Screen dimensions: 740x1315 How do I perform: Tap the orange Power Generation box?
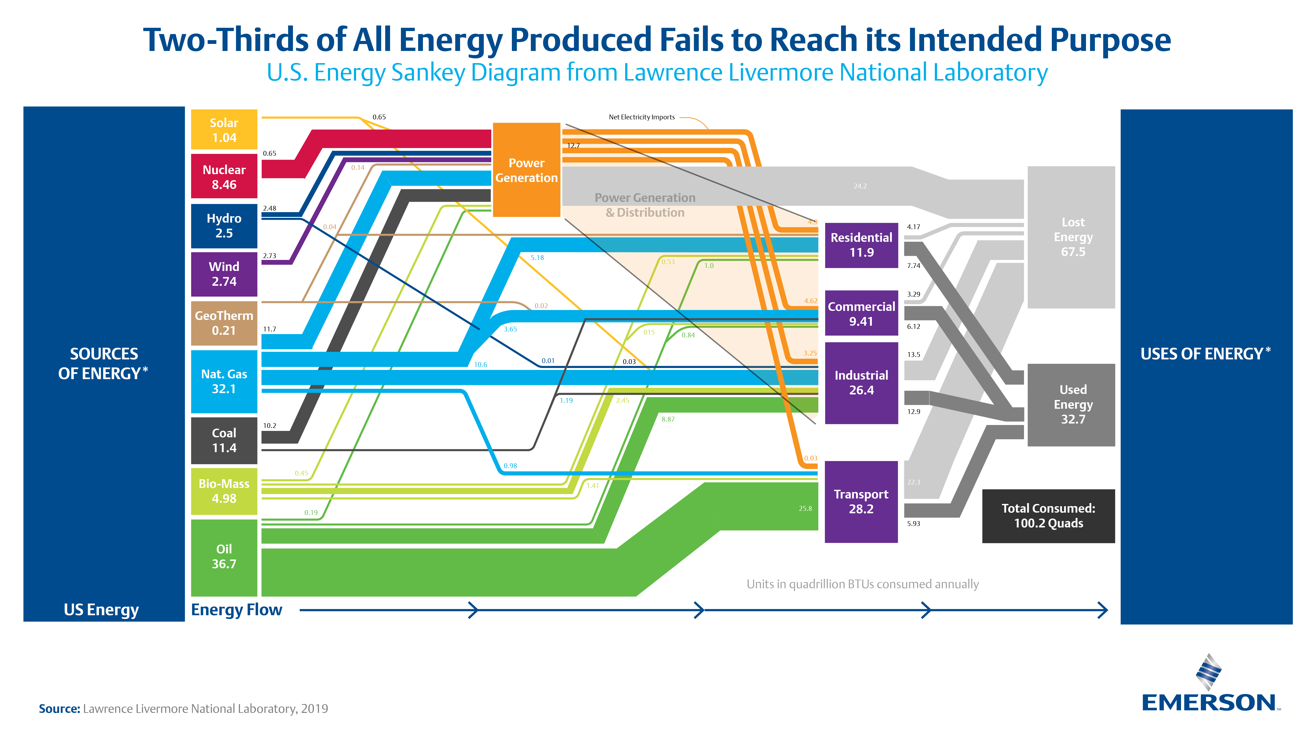(x=526, y=170)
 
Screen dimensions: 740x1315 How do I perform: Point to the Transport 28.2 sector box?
(x=861, y=501)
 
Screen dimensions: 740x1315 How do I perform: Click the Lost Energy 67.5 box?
(x=1071, y=237)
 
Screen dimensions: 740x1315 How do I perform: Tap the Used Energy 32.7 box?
(x=1071, y=404)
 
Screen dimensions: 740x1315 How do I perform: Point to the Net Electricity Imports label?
(x=642, y=117)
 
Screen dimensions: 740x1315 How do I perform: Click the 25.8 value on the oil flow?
(x=805, y=508)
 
